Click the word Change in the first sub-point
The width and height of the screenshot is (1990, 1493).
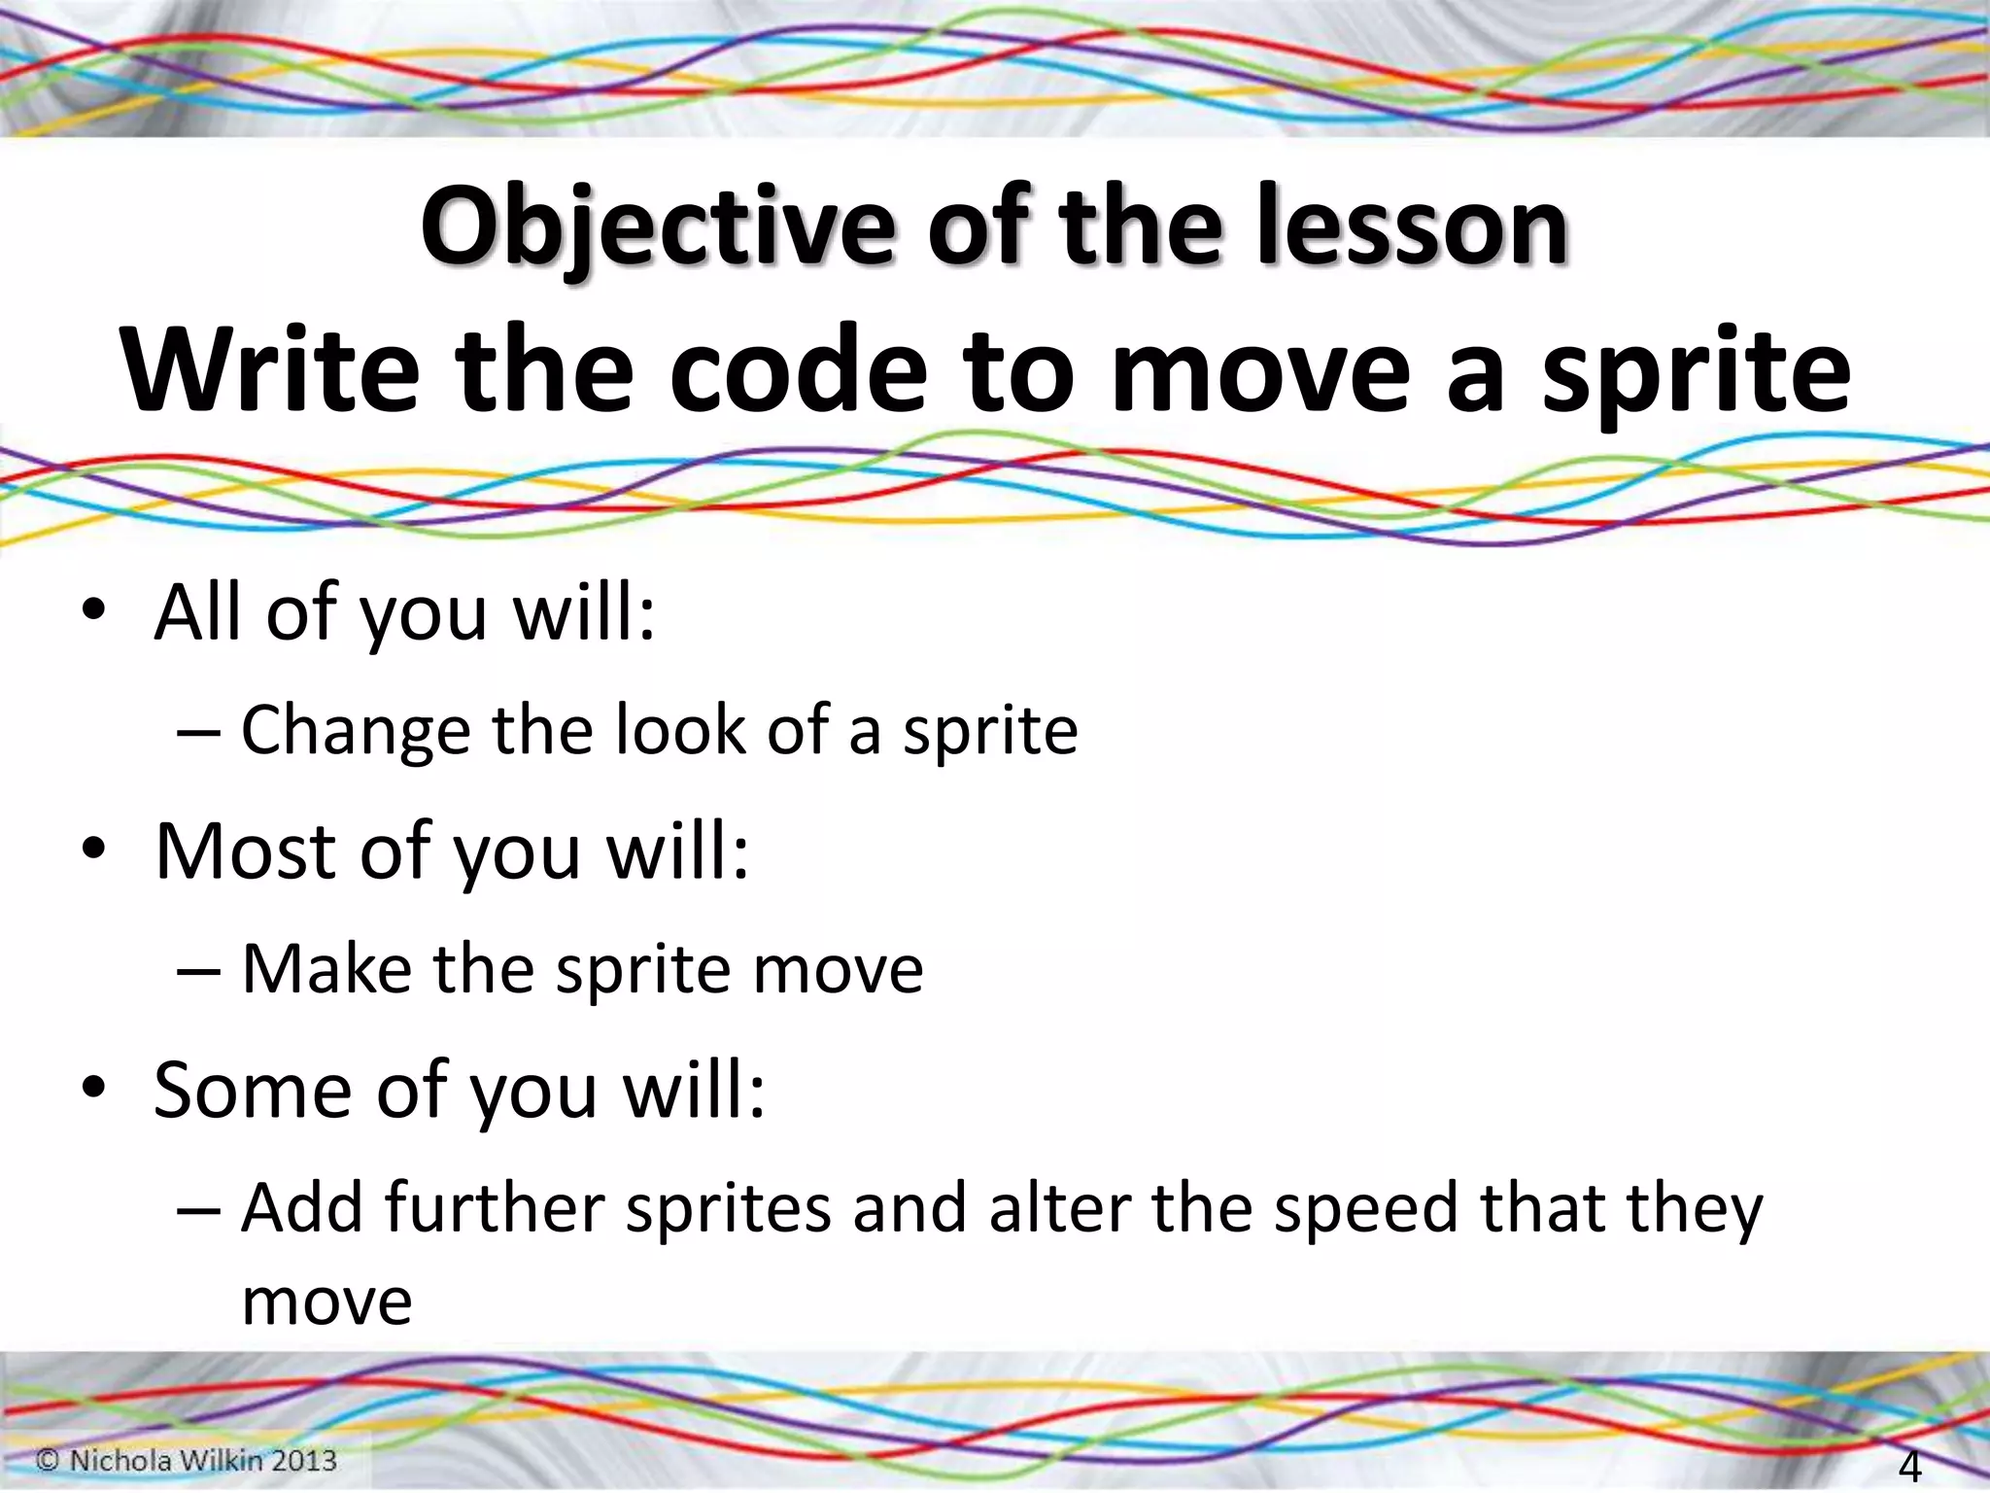[x=355, y=731]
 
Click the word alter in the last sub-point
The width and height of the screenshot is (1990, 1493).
[x=1059, y=1208]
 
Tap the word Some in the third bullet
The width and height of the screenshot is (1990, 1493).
[x=253, y=1091]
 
